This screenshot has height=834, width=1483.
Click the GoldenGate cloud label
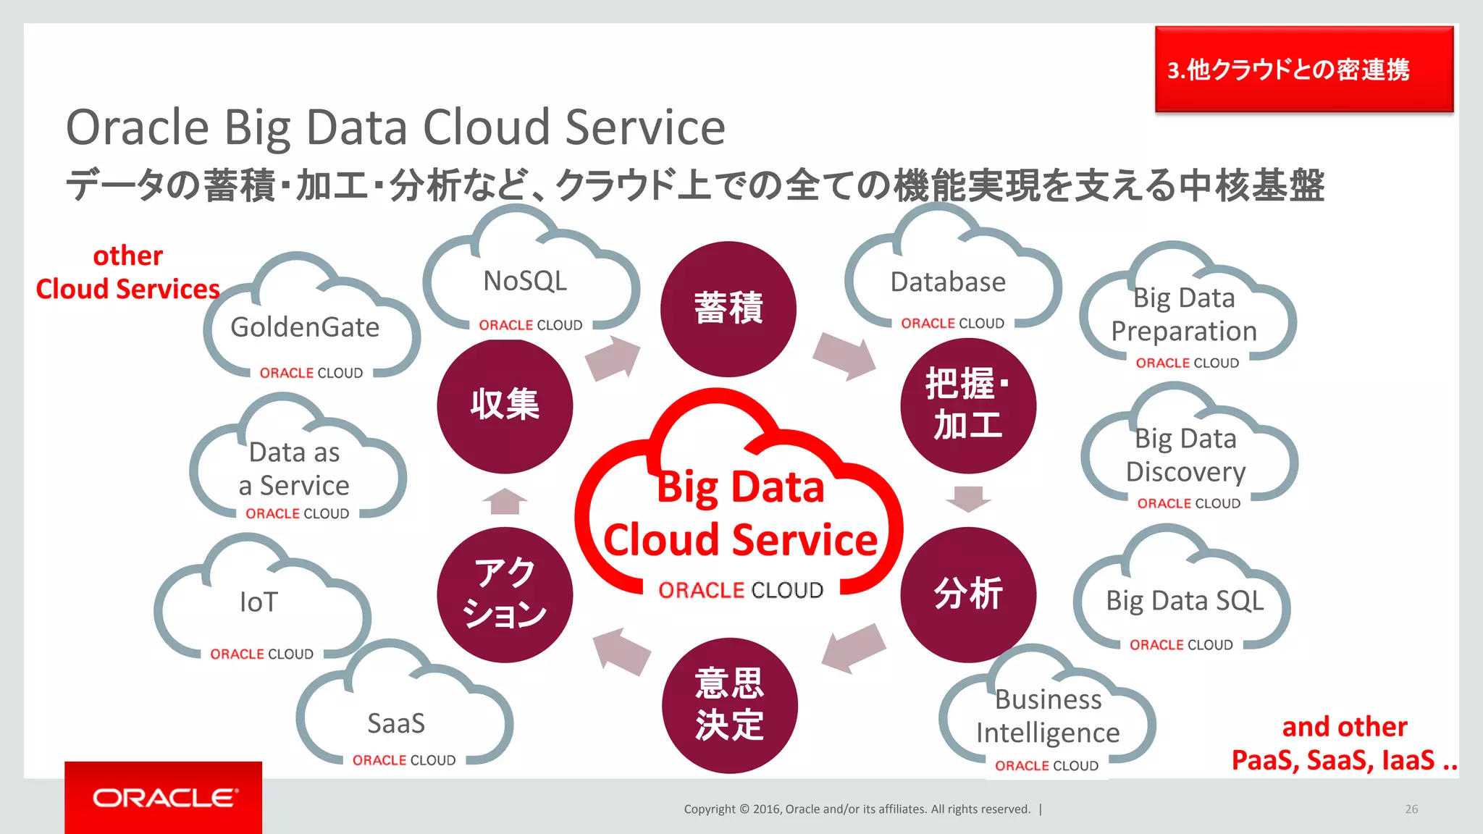[305, 327]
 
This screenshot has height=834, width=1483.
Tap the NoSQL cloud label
[525, 281]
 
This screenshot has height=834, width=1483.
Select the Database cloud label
[948, 282]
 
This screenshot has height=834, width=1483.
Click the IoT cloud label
[259, 602]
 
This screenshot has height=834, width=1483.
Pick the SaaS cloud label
[396, 723]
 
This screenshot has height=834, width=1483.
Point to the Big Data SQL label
[1185, 601]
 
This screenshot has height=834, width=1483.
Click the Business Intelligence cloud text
[1048, 716]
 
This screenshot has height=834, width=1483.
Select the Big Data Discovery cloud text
[1186, 455]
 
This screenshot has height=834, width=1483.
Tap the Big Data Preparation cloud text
[1185, 314]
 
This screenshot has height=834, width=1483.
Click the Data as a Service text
[295, 468]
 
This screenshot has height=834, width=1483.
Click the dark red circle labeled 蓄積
[728, 308]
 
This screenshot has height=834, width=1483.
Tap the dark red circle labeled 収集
[505, 405]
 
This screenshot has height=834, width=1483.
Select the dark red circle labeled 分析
[968, 594]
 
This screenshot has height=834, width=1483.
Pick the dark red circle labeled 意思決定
[729, 705]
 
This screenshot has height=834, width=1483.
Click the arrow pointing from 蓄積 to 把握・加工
[844, 355]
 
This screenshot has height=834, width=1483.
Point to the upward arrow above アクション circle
[505, 501]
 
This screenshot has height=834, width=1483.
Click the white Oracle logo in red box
[164, 798]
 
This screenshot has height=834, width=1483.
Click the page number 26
[1411, 809]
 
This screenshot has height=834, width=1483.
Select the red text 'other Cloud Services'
[128, 272]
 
